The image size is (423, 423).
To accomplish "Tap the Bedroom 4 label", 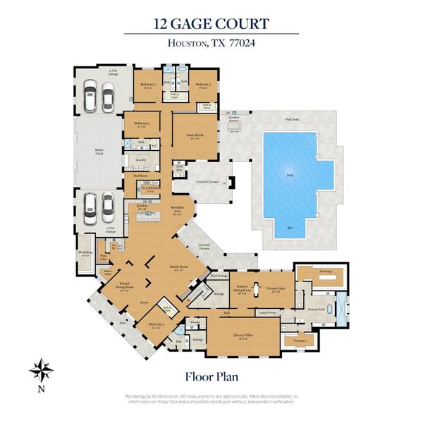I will click(147, 86).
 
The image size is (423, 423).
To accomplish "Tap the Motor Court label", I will click(99, 150).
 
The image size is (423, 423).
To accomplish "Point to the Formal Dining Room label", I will click(123, 288).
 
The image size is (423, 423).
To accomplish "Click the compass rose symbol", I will click(39, 369).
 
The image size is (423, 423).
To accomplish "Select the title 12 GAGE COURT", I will click(211, 23).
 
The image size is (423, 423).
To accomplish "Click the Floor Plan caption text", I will click(211, 376).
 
